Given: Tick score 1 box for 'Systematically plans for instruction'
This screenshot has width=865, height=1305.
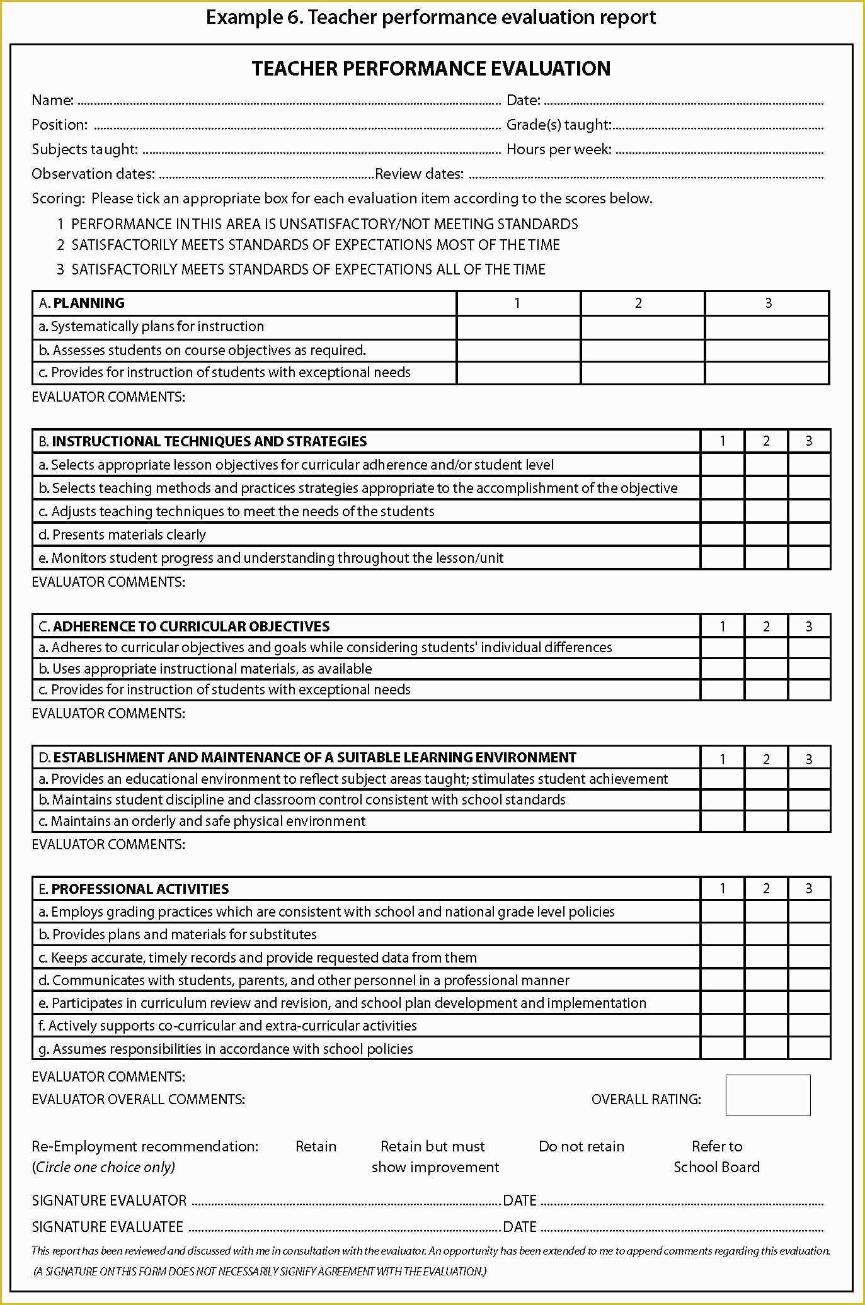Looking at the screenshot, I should [518, 327].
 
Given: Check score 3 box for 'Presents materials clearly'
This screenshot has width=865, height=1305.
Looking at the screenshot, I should [809, 534].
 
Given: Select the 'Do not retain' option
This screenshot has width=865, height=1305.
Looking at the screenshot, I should [581, 1146].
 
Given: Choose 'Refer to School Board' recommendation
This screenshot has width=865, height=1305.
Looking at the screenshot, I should [716, 1156].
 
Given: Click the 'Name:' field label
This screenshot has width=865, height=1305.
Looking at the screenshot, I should [53, 100].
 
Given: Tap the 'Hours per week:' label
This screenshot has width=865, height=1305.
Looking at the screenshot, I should [559, 149].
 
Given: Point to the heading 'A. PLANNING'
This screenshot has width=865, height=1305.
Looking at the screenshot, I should [81, 303].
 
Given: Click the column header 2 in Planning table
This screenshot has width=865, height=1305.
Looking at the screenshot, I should [638, 303].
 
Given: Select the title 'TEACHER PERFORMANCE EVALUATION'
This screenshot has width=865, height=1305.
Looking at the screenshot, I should [431, 68].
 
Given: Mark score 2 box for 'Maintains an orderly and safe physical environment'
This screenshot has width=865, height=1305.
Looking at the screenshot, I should [765, 821].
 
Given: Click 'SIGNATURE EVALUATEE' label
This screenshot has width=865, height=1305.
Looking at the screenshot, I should [108, 1226].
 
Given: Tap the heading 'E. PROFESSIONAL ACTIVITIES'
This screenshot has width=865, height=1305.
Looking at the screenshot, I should [134, 889].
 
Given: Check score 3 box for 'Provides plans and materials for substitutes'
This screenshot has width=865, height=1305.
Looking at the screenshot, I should [809, 934].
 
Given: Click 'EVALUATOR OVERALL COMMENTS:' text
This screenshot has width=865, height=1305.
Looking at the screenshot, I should [138, 1099].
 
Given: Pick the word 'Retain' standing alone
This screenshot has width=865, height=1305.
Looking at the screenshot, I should [316, 1146].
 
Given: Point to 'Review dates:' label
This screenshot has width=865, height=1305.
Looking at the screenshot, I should [419, 174].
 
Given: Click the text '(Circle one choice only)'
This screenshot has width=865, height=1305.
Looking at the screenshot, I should [103, 1167].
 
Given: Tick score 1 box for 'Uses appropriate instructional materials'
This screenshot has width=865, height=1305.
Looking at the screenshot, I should [722, 669].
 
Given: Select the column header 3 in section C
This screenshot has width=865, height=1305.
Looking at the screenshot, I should [809, 626].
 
